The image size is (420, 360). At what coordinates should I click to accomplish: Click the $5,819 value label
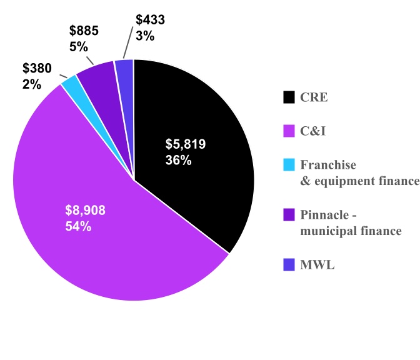coord(185,144)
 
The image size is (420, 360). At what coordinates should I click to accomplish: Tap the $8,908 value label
coord(86,211)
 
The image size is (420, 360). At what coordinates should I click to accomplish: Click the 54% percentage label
coord(78,226)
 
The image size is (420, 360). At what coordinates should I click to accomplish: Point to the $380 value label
coord(37,67)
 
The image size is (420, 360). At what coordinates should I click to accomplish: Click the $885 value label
coord(84,30)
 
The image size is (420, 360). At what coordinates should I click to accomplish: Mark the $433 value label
coord(151,19)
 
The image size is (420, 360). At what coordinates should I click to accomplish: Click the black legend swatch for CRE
coord(289,97)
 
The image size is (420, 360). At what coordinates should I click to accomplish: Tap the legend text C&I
coord(313,131)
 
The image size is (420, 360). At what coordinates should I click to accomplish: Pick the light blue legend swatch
coord(289,165)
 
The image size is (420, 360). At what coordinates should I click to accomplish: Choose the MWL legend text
coord(317,266)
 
